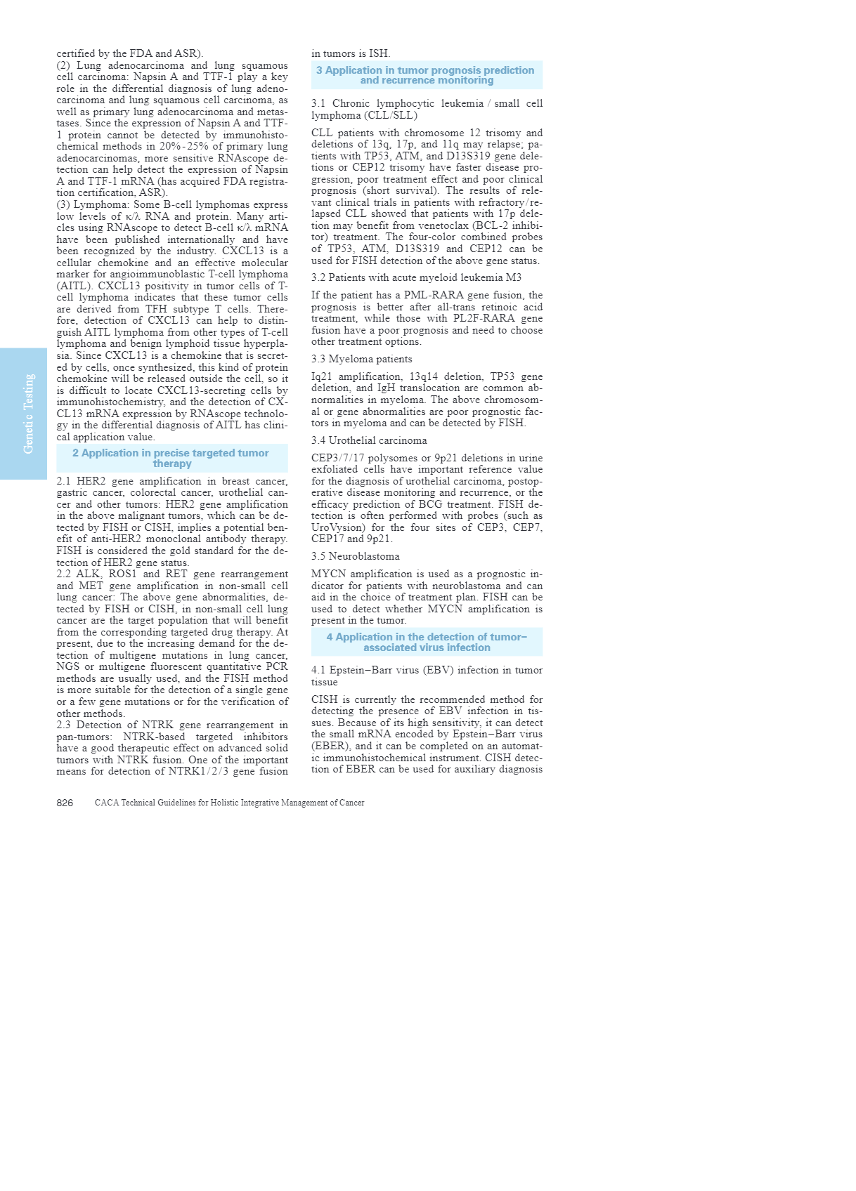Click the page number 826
[65, 803]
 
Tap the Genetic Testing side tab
[28, 414]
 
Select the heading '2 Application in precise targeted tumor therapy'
[171, 458]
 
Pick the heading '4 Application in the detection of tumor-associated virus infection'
[426, 642]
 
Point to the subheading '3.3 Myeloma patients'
[361, 359]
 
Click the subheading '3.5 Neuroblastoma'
[355, 556]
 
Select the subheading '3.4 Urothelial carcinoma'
[369, 440]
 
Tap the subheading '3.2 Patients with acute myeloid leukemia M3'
[416, 277]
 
